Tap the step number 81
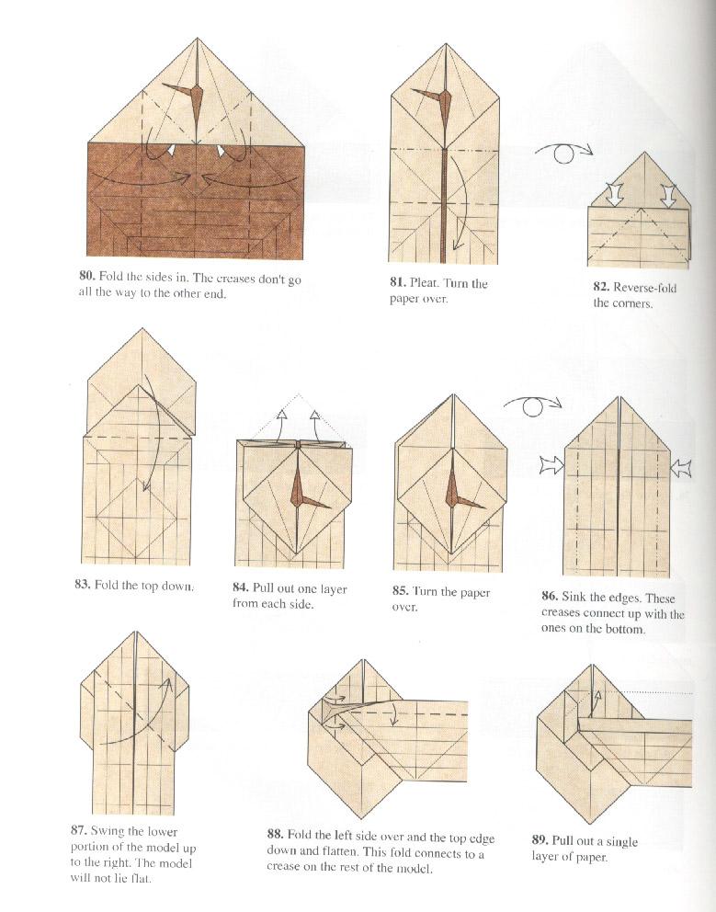tap(397, 283)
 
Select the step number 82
tap(601, 287)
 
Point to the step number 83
tap(82, 584)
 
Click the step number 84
tap(242, 588)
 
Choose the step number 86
tap(550, 598)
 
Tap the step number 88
tap(274, 834)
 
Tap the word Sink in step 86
tap(577, 598)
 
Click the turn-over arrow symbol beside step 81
tap(564, 153)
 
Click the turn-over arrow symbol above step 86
tap(531, 405)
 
